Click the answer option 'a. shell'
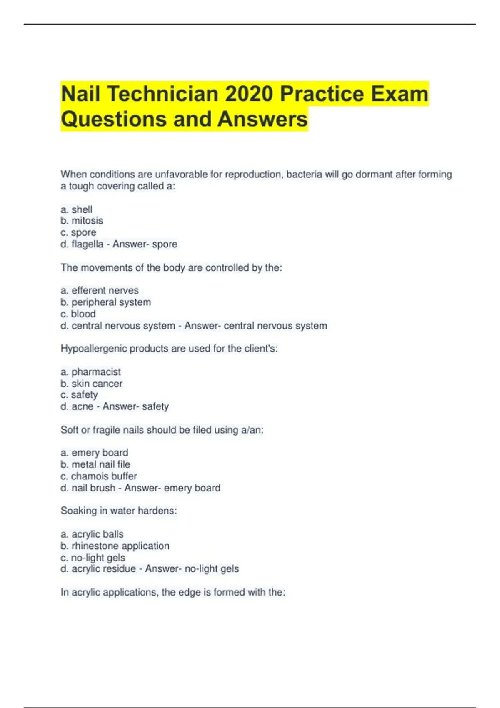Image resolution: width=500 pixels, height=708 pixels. tap(76, 209)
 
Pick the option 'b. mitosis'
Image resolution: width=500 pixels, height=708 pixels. tap(82, 221)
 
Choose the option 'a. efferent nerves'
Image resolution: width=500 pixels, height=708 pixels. tap(100, 290)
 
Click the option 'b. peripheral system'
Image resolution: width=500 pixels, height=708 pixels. tap(106, 302)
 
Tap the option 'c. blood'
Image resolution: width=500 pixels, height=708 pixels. tap(78, 314)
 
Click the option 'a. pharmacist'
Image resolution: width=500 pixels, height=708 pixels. tap(91, 371)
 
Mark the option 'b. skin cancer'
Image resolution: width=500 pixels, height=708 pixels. tap(92, 384)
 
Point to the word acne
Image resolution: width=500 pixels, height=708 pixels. tap(82, 406)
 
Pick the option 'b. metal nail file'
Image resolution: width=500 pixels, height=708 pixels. tap(95, 464)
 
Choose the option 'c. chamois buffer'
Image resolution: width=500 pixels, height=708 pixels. tap(99, 476)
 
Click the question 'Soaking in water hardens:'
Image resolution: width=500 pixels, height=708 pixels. tap(119, 511)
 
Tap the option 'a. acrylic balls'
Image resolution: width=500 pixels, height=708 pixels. tap(92, 534)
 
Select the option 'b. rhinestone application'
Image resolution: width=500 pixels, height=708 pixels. tap(115, 546)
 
